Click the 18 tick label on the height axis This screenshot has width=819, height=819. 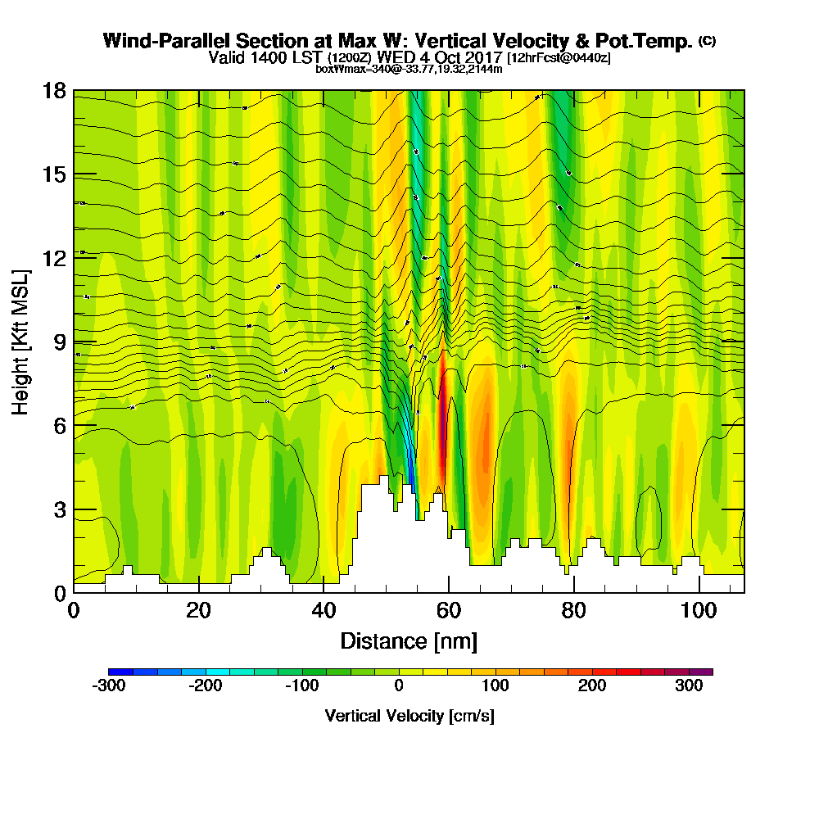click(53, 91)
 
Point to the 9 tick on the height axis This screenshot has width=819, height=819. click(74, 342)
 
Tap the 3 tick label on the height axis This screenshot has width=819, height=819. click(59, 509)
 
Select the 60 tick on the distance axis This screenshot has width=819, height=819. click(449, 592)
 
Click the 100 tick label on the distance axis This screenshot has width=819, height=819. click(699, 611)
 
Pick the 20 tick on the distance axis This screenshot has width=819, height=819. click(199, 592)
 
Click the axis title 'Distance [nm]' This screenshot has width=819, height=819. click(409, 640)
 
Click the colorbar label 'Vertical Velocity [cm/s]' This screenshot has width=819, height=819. click(409, 716)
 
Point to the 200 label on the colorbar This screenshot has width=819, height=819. click(592, 686)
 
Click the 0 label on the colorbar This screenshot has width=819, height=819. click(399, 686)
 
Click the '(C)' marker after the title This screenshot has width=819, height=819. click(706, 40)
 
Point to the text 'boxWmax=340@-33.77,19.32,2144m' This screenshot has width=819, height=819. click(409, 69)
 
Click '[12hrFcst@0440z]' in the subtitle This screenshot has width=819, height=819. click(559, 58)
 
